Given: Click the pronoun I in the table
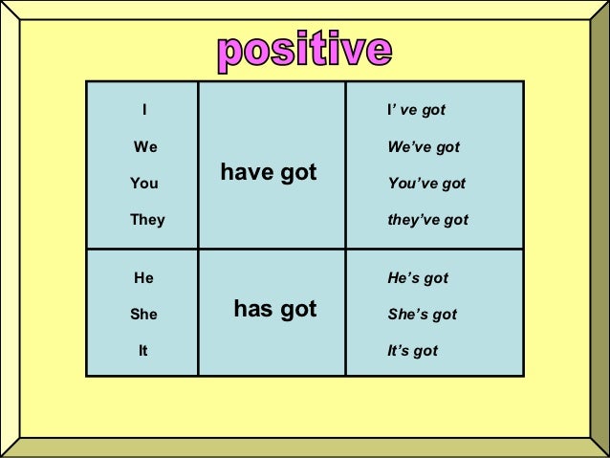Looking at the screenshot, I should [x=143, y=112].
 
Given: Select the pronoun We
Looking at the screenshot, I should [x=146, y=148].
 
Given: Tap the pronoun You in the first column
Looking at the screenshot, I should [x=144, y=183].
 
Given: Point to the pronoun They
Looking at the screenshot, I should [x=147, y=220].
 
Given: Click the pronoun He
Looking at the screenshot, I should [x=144, y=278].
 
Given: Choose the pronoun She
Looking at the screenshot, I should [x=145, y=314].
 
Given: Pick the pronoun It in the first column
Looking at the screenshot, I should [x=143, y=350].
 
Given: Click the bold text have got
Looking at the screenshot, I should [x=269, y=172].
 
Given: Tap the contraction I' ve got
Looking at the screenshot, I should [x=415, y=112].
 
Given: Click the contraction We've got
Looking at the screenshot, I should [x=423, y=148].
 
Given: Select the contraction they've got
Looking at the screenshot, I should [x=426, y=220].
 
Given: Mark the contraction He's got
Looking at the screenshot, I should [x=417, y=278].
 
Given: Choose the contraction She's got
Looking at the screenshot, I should [x=421, y=314].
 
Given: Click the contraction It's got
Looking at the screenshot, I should [x=411, y=350].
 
